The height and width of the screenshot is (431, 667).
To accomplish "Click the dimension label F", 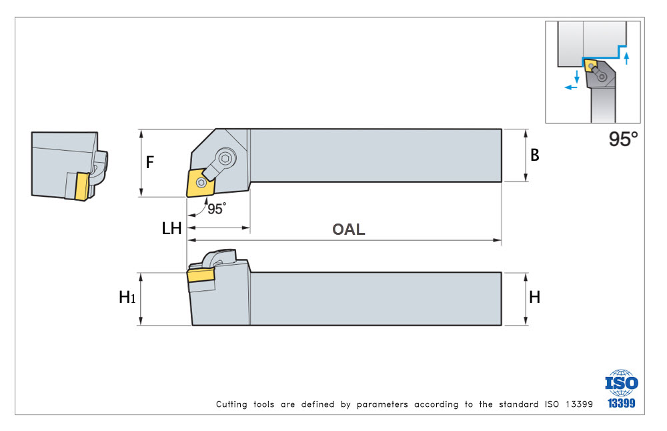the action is [149, 162].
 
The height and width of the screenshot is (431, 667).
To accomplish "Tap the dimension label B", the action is [535, 155].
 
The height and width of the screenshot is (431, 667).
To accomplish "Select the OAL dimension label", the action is [348, 230].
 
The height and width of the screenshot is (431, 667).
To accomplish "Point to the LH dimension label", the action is [171, 228].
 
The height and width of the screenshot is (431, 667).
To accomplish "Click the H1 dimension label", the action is [127, 297].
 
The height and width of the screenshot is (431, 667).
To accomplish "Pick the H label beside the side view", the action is [535, 297].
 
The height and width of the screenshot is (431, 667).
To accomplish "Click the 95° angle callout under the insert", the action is [217, 208].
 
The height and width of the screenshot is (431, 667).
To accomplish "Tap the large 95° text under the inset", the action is [623, 139].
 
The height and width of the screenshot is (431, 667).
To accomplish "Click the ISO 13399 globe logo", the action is [621, 389].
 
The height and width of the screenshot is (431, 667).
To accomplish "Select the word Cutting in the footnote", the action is [231, 404].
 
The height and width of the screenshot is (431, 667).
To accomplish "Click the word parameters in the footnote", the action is [382, 404].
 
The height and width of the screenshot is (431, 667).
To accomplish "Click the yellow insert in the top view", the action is [200, 183].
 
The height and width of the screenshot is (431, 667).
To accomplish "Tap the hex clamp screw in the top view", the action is [225, 158].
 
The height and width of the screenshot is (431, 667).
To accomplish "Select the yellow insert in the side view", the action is [200, 276].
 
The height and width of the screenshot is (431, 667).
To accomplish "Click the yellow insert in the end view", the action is [81, 186].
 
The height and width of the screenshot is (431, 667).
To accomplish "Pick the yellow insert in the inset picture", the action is [590, 66].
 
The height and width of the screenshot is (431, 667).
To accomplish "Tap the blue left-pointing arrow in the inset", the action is [571, 87].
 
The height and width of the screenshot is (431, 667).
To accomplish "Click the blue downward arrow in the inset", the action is [577, 77].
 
